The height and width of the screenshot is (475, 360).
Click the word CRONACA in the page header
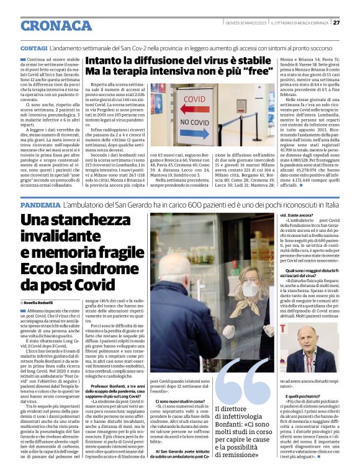pos(56,25)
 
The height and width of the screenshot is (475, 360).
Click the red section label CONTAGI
pos(34,48)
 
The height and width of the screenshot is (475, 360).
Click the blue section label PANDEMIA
pos(40,204)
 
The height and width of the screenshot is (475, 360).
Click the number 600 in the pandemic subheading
pos(196,204)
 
